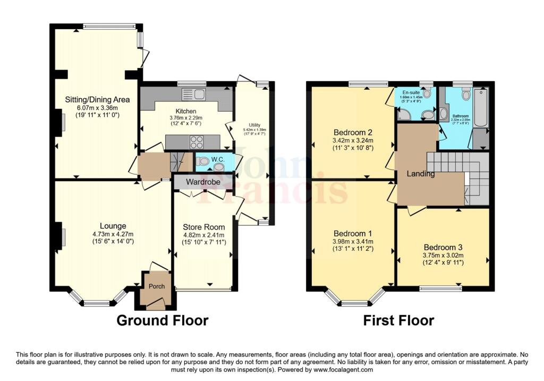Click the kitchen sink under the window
pyautogui.click(x=193, y=95)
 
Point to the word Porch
pyautogui.click(x=157, y=286)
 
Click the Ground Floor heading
pyautogui.click(x=162, y=320)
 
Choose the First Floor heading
pyautogui.click(x=398, y=320)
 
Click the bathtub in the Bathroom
pyautogui.click(x=480, y=108)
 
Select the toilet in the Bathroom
pyautogui.click(x=466, y=95)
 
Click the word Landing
pyautogui.click(x=421, y=174)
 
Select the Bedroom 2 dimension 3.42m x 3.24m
pyautogui.click(x=353, y=141)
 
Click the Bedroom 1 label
pyautogui.click(x=353, y=233)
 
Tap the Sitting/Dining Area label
pyautogui.click(x=97, y=99)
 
